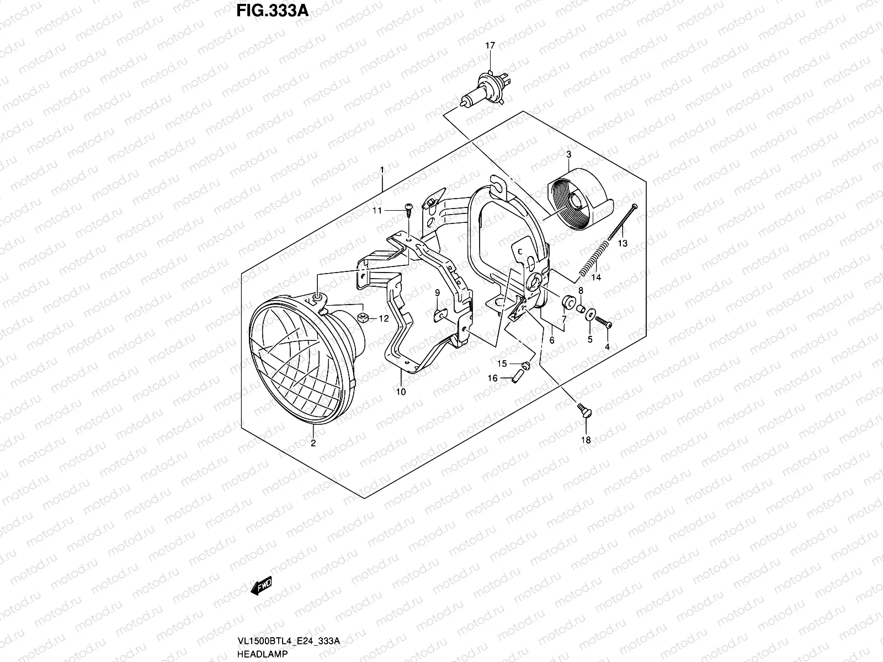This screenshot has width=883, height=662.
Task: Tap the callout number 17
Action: click(490, 46)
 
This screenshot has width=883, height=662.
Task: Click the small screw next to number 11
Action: click(409, 208)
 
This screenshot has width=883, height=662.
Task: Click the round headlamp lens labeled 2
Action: click(301, 364)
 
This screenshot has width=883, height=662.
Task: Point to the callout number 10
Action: click(401, 392)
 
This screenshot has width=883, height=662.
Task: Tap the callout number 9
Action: click(437, 293)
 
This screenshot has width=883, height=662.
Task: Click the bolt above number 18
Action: click(583, 411)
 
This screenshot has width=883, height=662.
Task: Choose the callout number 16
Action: click(492, 378)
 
